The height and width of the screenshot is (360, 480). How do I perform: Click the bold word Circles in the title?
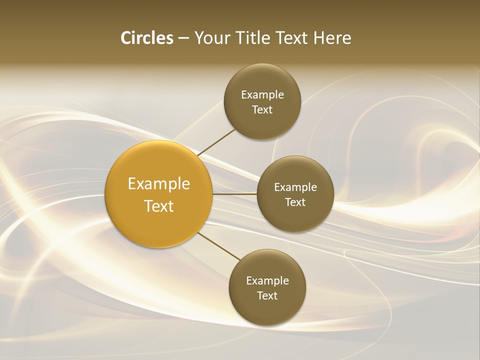tap(146, 38)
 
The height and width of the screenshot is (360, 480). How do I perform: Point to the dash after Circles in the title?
tap(183, 38)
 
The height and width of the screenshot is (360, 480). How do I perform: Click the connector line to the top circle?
tap(217, 142)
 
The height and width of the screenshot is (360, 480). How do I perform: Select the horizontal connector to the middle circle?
tap(234, 193)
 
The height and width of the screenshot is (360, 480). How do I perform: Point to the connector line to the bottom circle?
tap(218, 246)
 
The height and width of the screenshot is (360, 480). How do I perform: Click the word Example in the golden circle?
tap(159, 184)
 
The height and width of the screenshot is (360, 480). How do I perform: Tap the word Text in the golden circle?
tap(159, 206)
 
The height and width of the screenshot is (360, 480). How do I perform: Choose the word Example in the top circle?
tap(262, 95)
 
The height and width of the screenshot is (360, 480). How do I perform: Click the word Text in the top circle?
tap(262, 110)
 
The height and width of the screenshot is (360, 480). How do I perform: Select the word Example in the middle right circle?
tap(295, 187)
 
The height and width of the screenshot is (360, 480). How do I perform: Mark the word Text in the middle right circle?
tap(295, 202)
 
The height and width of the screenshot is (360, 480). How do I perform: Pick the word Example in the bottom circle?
tap(267, 281)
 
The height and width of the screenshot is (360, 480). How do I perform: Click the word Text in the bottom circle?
tap(267, 296)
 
